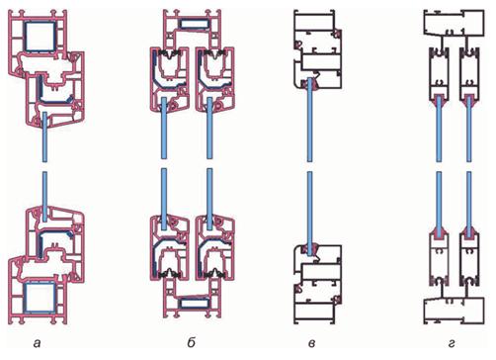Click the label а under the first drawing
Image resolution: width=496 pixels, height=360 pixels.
38,343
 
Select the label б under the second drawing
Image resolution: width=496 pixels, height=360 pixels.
192,342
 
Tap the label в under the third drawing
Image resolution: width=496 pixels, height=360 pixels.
311,343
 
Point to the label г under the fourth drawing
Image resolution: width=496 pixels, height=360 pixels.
452,343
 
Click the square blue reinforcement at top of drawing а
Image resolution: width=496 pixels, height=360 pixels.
41,37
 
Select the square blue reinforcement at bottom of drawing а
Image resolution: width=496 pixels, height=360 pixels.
41,298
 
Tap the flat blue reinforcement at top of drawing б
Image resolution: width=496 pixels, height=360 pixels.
194,24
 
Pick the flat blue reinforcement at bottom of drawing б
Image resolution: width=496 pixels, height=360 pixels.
194,304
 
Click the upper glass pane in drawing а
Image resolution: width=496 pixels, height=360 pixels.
45,136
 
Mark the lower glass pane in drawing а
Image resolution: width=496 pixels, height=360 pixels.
45,196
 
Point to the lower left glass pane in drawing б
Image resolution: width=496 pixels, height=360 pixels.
164,199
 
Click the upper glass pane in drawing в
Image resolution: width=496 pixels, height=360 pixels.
309,120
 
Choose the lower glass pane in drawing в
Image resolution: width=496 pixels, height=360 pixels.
309,214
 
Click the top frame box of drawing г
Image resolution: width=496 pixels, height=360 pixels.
454,23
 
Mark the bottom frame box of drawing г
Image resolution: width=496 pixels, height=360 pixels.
454,311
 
